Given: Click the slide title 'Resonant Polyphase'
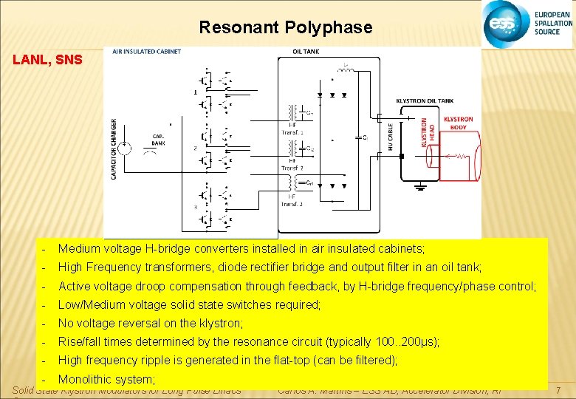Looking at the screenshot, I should coord(285,28).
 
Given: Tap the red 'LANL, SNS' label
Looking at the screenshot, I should coord(47,59).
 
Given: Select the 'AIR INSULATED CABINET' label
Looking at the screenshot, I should coord(146,52).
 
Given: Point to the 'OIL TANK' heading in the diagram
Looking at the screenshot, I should coord(306,52).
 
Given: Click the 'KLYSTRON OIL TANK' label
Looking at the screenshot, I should coord(425,100).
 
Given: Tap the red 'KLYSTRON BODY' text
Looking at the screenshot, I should coord(458,123).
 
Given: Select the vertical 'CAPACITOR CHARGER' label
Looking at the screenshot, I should coord(114,149).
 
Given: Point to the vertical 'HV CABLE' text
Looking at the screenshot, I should coord(390,137).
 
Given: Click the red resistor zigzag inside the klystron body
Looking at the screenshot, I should coord(459,157).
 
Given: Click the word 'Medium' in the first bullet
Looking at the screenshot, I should coord(77,249).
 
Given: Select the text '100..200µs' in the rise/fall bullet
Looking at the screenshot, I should coord(406,341).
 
